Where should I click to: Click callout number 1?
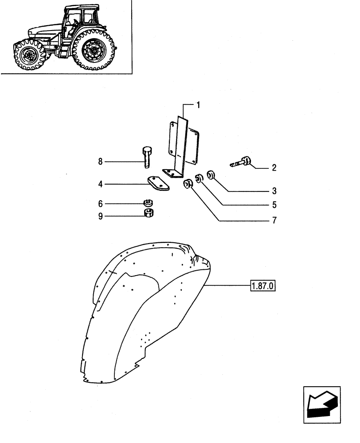[x=198, y=105]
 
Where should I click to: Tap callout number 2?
[x=274, y=168]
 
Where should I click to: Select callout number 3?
[x=274, y=191]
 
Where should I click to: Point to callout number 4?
[x=101, y=183]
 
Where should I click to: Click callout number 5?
[x=274, y=205]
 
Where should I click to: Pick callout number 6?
[x=101, y=203]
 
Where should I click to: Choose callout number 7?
[x=274, y=220]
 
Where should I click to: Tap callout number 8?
[x=101, y=162]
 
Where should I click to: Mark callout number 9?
[x=101, y=216]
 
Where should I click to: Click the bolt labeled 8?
[x=147, y=157]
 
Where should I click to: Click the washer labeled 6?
[x=148, y=203]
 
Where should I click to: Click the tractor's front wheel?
[x=29, y=55]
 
